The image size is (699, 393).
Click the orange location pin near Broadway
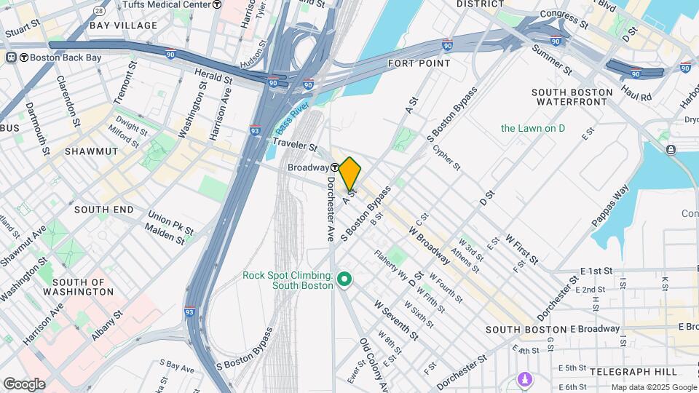tap(350, 173)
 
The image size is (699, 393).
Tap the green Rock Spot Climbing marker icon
tap(345, 279)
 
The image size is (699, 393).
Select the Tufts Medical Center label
tap(167, 4)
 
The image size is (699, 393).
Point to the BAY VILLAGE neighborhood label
tap(123, 25)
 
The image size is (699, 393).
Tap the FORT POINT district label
tap(419, 63)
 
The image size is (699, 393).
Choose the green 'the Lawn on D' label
tap(533, 129)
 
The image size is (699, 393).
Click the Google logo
tap(24, 384)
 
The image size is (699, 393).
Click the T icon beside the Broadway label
tap(333, 167)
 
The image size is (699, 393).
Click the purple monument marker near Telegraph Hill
tap(524, 379)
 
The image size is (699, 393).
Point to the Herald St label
tap(213, 74)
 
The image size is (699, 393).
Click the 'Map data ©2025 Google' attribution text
tap(653, 387)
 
